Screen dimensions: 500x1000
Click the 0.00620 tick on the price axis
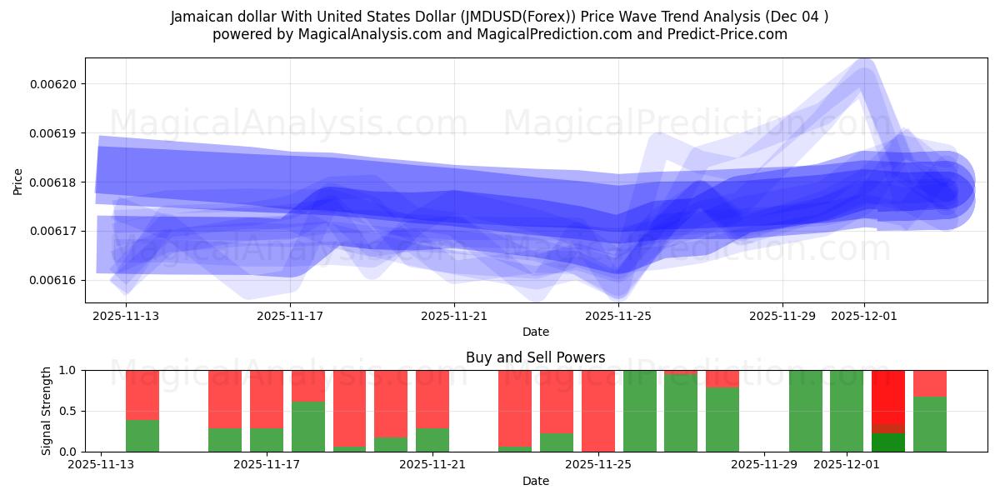(54, 84)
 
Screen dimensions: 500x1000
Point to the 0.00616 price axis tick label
(54, 280)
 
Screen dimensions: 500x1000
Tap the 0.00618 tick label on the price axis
(54, 182)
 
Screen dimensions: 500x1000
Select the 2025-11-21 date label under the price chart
(454, 316)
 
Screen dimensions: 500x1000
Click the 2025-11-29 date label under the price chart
(782, 316)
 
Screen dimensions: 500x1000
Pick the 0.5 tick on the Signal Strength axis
(66, 411)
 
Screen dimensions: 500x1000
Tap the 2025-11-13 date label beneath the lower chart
(101, 464)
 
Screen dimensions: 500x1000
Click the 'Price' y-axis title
(17, 181)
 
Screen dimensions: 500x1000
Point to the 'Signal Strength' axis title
(47, 411)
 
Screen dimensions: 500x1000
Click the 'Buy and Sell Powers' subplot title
(535, 357)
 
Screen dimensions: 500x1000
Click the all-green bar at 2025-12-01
(847, 411)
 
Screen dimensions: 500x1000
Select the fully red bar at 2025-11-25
(598, 411)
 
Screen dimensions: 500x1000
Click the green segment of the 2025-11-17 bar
(267, 440)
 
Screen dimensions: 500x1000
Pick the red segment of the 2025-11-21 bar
(432, 398)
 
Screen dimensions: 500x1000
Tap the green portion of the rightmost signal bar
(929, 424)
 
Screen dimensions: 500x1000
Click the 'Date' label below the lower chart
(535, 481)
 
